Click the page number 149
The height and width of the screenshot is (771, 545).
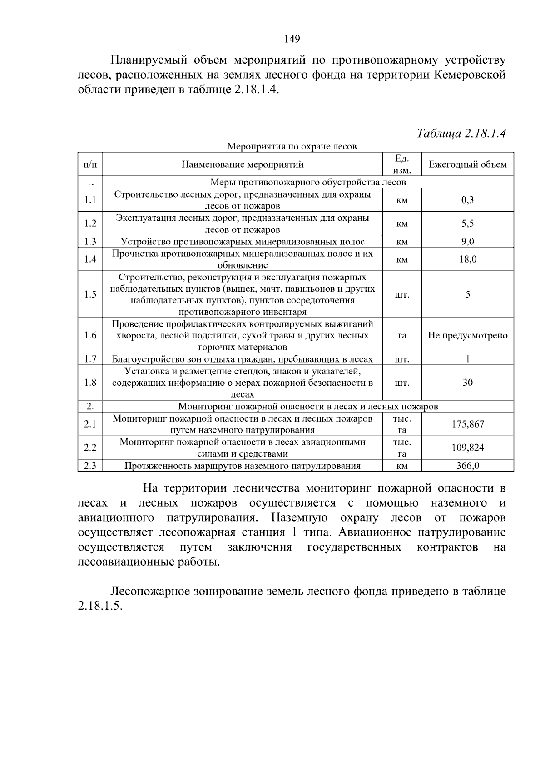[292, 39]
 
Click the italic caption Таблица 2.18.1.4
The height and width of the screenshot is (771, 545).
[461, 133]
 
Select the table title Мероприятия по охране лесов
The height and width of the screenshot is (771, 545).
[292, 146]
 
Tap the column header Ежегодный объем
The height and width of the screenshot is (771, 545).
[467, 164]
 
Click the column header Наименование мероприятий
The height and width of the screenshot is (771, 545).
[243, 164]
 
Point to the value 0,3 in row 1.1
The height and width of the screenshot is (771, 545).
[467, 200]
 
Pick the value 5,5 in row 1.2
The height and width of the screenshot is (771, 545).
[467, 224]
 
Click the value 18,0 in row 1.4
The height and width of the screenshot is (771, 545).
[467, 259]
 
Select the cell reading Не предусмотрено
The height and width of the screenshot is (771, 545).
[467, 335]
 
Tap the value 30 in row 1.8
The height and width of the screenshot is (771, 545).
[467, 383]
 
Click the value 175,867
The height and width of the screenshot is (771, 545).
[467, 424]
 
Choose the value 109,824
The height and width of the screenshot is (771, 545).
[467, 448]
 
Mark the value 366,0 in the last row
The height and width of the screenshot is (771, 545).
[467, 466]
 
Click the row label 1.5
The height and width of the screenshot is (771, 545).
[90, 294]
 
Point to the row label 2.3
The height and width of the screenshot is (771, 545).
[90, 466]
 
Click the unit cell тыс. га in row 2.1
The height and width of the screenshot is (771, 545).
[402, 424]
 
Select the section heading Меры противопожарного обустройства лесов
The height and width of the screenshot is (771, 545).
[308, 182]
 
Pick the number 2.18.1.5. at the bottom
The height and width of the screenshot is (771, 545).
[100, 607]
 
